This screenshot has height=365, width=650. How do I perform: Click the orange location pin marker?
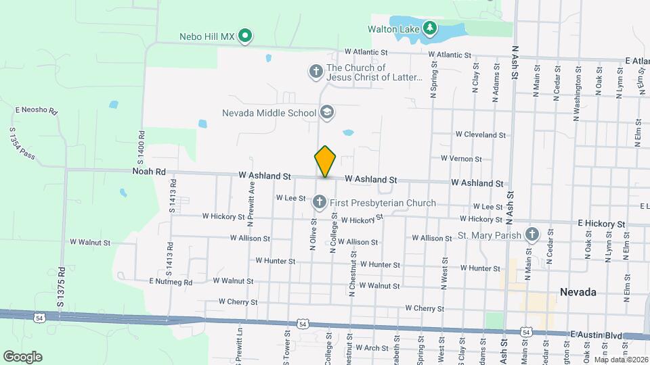coord(326,162)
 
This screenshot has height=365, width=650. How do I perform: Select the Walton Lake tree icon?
coord(429,28)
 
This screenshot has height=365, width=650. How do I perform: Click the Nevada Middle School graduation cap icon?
coord(327,112)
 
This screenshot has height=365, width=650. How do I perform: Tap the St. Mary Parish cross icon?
coord(532,235)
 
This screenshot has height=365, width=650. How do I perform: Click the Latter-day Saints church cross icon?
coord(316,71)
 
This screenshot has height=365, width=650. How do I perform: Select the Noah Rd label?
coord(150,172)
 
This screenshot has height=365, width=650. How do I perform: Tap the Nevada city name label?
coord(578,292)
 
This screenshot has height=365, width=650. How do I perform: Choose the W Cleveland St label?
coord(481,135)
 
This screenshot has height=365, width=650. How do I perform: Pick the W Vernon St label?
coord(461,159)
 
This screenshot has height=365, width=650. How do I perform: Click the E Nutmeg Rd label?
coord(171,282)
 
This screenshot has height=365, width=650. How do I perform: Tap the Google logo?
coord(23,356)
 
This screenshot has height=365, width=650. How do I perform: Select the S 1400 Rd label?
coord(141,147)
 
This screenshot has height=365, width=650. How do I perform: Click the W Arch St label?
coord(374,348)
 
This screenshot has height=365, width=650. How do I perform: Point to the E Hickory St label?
coord(601,223)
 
